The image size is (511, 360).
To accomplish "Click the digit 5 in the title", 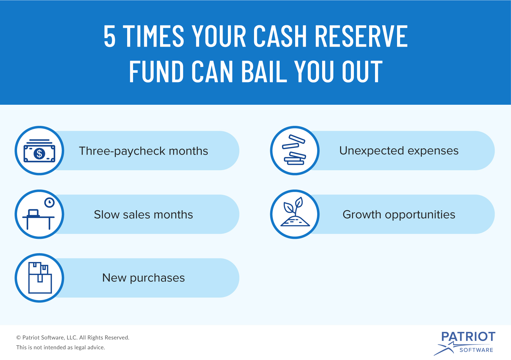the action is [110, 36].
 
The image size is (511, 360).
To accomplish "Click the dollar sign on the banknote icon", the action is [39, 153].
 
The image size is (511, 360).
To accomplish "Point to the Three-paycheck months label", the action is [143, 151].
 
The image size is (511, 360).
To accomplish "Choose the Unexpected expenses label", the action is [399, 151].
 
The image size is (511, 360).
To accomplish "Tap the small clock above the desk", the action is [49, 202].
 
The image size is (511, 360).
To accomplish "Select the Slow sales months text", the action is [143, 214].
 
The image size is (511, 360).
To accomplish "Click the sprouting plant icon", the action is [295, 212].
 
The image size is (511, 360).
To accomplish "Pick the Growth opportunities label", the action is [399, 214].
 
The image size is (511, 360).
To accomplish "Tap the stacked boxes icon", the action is [40, 278].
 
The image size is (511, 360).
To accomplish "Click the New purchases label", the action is [143, 278].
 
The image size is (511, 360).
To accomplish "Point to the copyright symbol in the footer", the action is [19, 338].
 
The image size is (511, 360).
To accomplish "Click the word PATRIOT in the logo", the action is [468, 337].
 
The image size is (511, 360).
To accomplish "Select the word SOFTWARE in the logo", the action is [476, 350].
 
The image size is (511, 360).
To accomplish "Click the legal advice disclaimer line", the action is [60, 347].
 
